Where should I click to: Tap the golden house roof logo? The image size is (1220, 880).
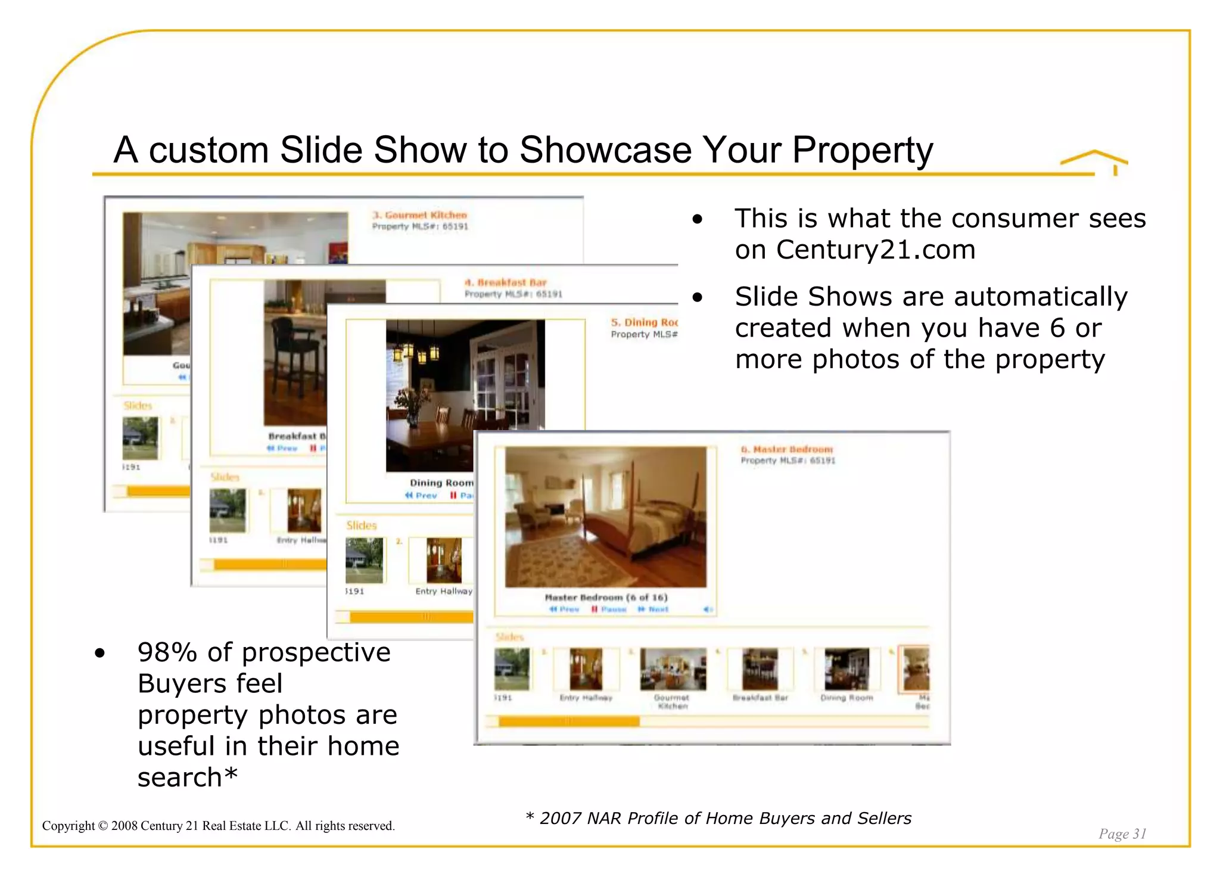coord(1094,160)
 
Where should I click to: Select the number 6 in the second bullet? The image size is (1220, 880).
coord(1057,328)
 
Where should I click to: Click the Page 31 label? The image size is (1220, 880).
coord(1122,833)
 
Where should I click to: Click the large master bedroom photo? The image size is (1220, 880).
coord(605,517)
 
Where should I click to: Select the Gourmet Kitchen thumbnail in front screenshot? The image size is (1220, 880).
coord(672,668)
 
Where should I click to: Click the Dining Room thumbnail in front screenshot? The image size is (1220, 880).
coord(846,668)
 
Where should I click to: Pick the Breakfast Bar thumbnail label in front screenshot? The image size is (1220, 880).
coord(760,698)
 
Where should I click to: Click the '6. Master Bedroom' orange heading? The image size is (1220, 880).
coord(786,449)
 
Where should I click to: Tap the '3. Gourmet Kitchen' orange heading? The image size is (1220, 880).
coord(419,215)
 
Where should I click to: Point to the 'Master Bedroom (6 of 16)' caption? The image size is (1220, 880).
coord(605,597)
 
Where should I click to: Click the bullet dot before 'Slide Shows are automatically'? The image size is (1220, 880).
coord(698,297)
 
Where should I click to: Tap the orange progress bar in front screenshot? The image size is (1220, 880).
coord(568,722)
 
